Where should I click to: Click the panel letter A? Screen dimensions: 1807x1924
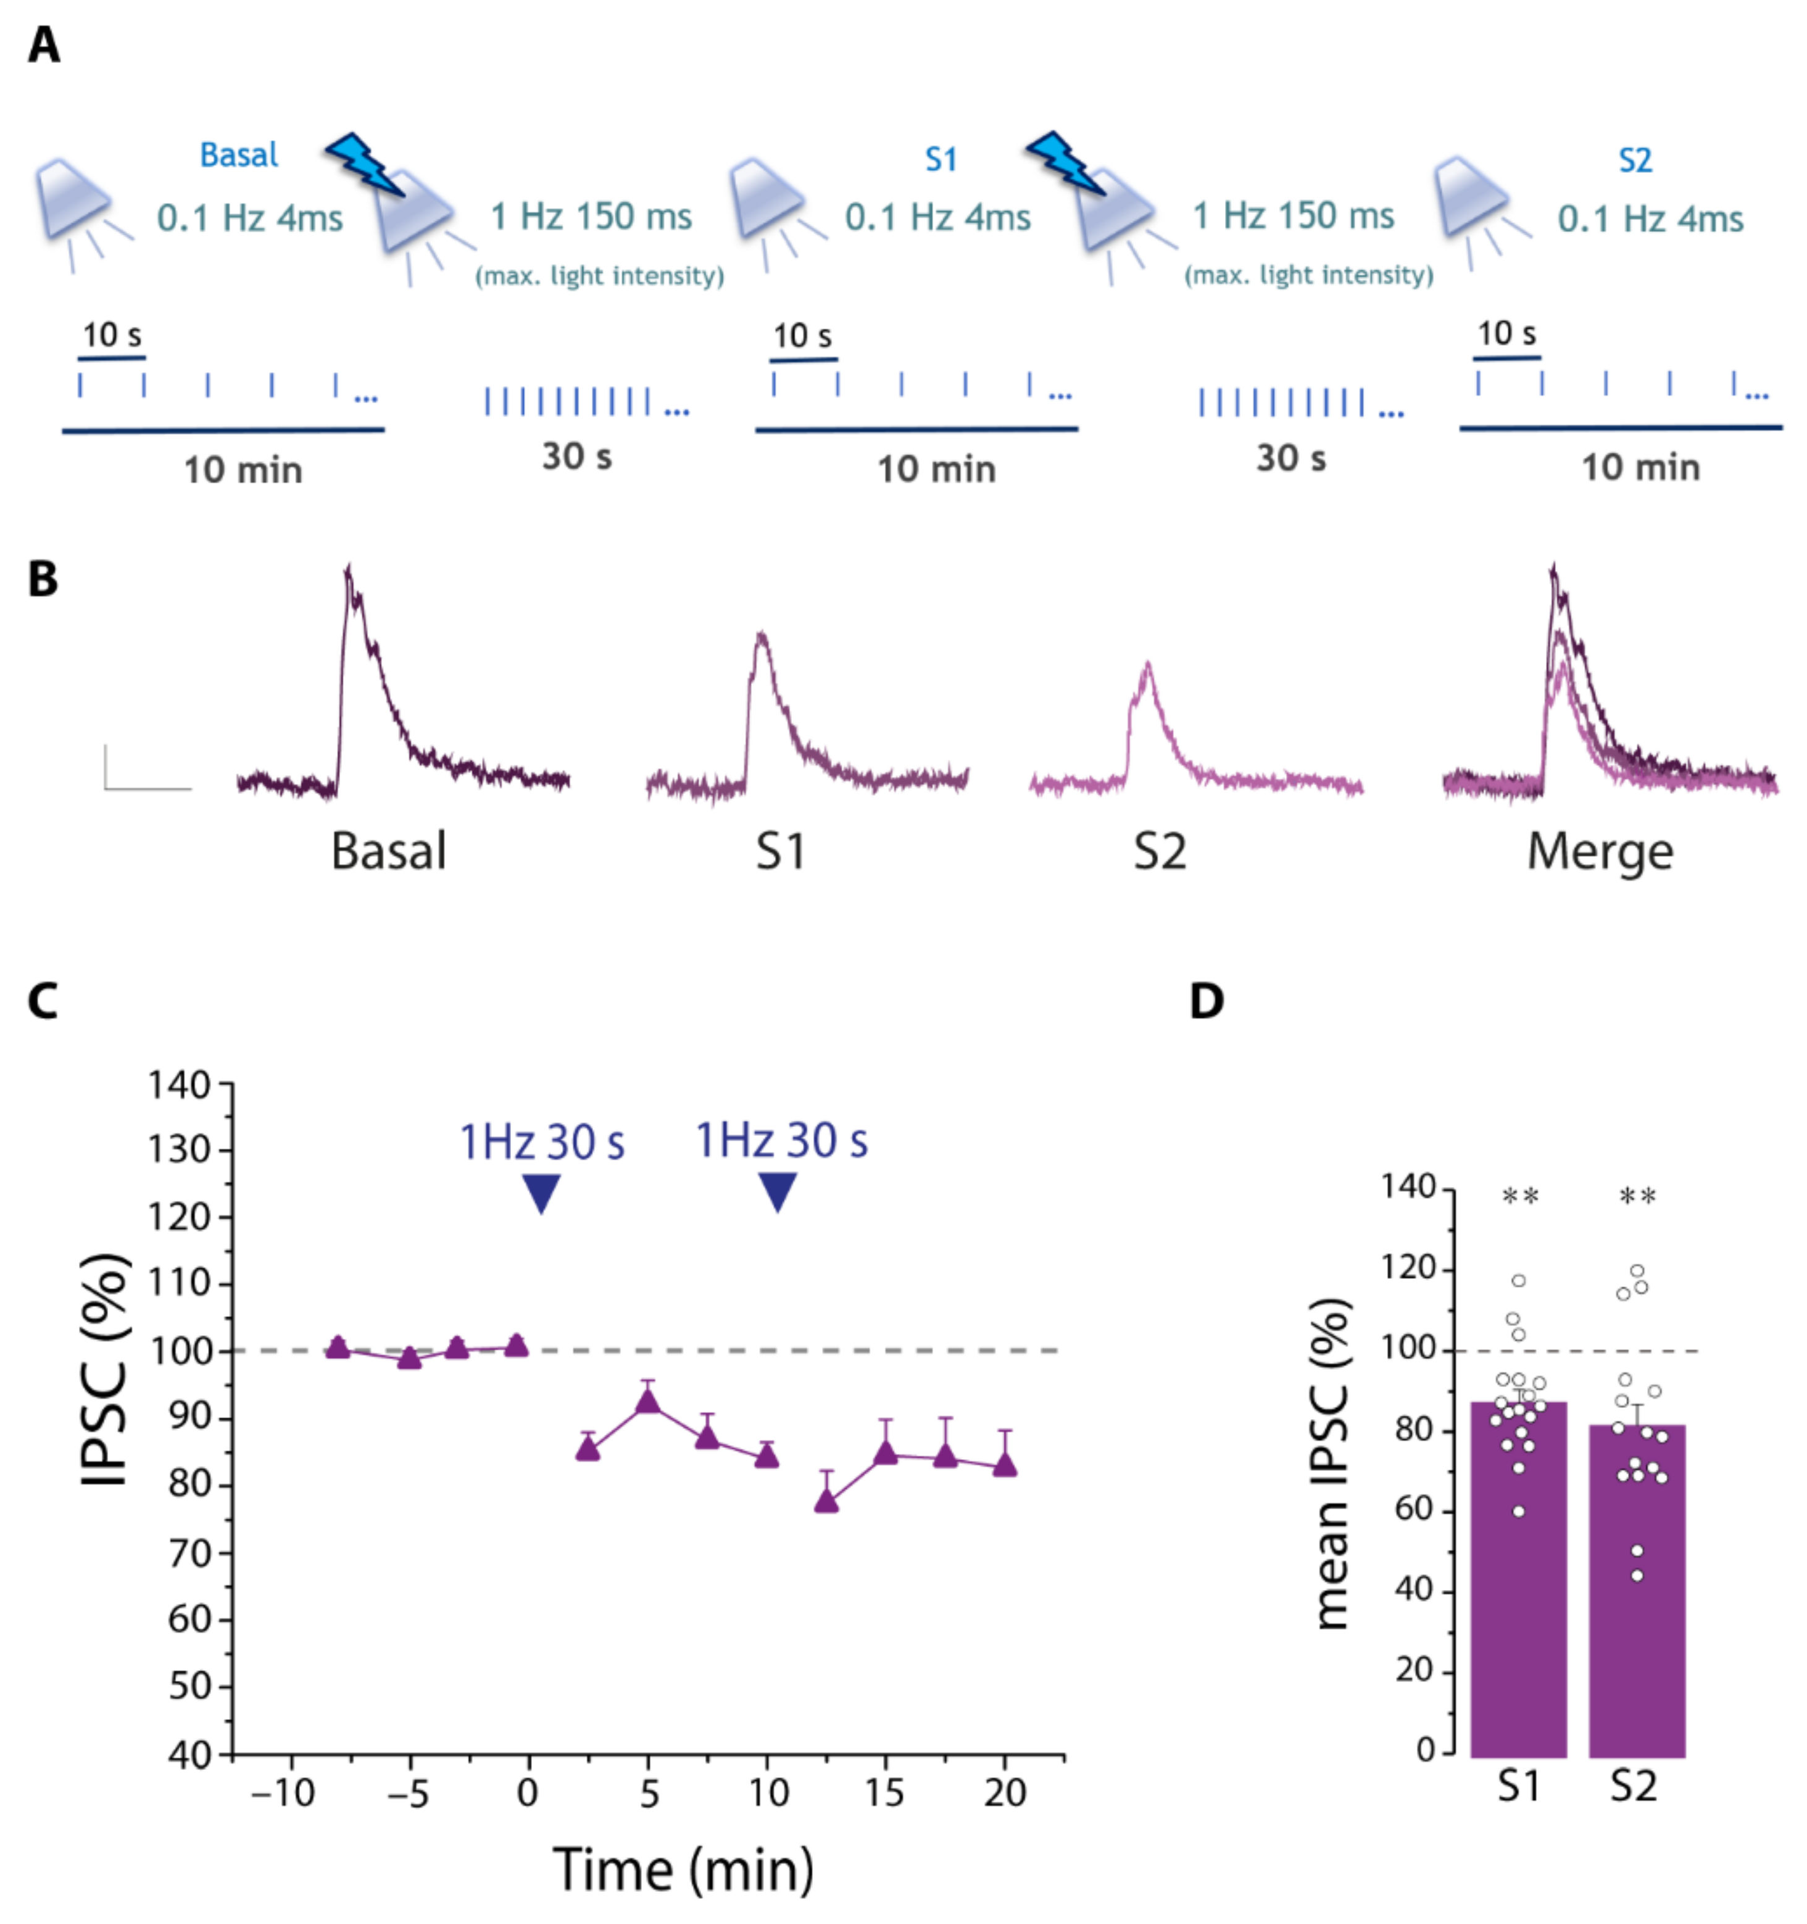(44, 46)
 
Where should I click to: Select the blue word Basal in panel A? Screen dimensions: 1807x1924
(238, 155)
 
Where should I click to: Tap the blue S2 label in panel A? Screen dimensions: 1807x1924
(1635, 160)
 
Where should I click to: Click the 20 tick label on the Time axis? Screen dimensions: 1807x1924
(1005, 1793)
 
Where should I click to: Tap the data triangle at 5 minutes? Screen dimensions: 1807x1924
(649, 1401)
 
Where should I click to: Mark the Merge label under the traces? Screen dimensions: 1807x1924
(1600, 852)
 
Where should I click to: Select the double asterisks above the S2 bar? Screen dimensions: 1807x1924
(1638, 1197)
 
